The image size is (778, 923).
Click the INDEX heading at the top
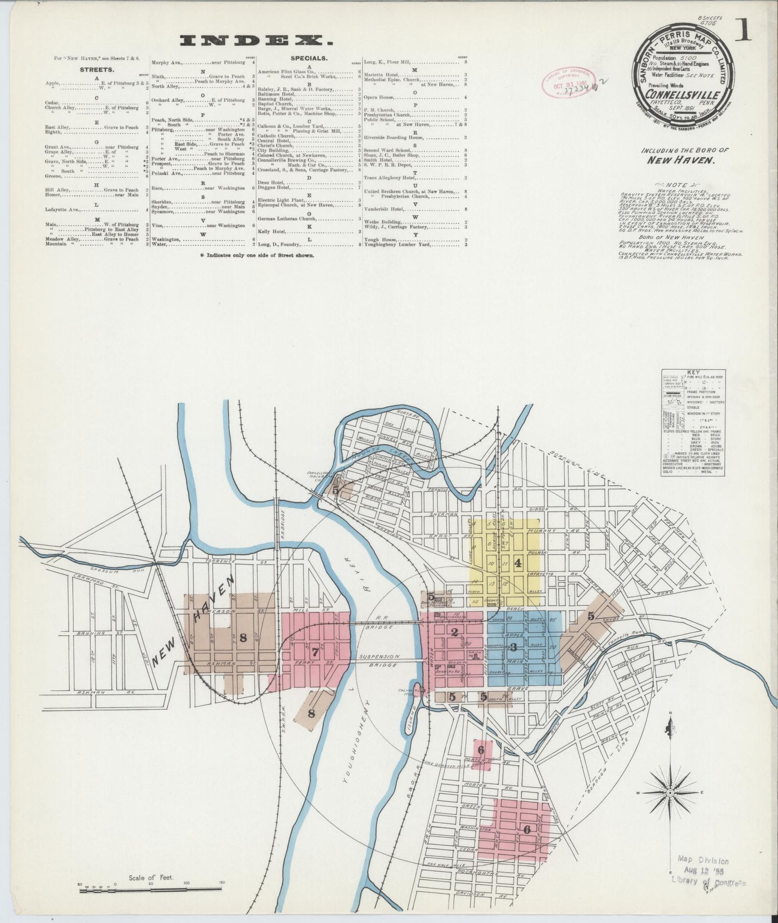click(x=256, y=41)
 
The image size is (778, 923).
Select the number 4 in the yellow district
click(x=518, y=563)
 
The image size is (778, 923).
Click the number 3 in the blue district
click(x=514, y=647)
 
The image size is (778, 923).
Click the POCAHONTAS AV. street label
click(x=490, y=872)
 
